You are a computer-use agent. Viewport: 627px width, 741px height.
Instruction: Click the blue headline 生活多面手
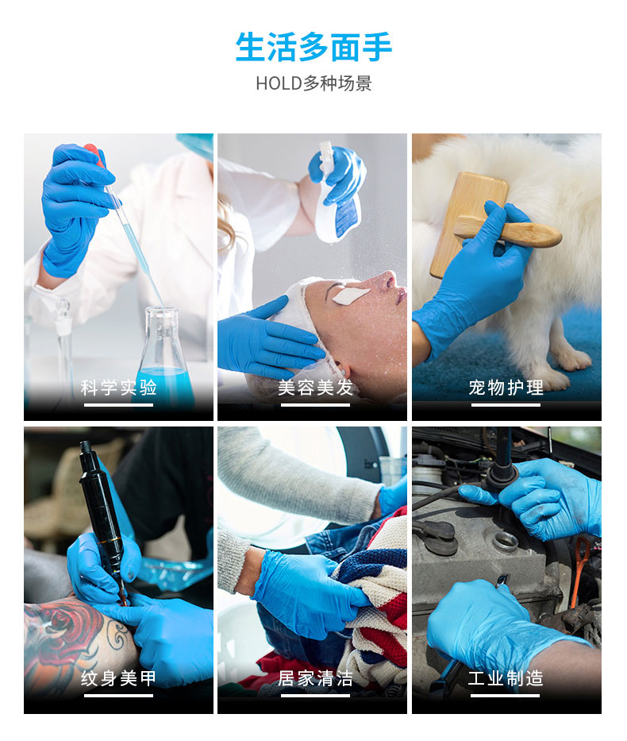313,48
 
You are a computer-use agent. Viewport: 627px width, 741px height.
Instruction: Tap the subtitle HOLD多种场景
313,83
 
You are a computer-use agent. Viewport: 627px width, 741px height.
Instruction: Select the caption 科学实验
118,388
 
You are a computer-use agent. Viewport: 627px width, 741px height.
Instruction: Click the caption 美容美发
315,388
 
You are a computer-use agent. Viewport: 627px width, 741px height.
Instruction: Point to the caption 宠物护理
506,388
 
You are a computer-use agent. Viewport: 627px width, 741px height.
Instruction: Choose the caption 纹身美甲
118,678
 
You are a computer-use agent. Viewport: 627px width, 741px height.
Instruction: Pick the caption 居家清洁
315,678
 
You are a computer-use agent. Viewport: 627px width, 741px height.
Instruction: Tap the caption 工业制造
506,678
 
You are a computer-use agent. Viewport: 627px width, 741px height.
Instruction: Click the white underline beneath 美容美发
315,405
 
